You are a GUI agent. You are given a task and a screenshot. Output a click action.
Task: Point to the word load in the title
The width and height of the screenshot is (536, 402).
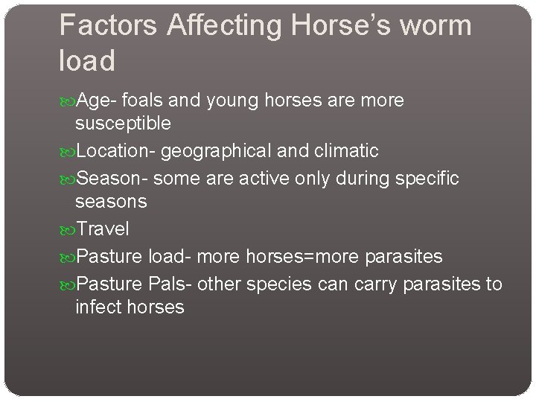click(87, 60)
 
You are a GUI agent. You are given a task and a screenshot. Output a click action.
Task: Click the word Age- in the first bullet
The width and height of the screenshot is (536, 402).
click(97, 100)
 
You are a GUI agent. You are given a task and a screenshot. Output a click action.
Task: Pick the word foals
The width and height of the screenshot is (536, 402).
click(144, 100)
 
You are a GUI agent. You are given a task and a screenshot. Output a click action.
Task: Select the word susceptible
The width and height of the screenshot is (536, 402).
click(123, 122)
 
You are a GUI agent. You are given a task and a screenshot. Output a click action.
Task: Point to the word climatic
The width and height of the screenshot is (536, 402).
click(345, 151)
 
